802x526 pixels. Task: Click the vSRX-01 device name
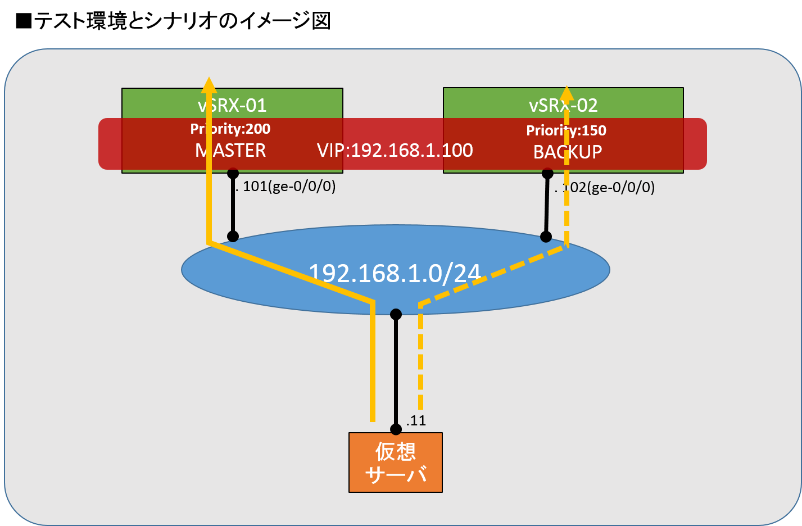[232, 105]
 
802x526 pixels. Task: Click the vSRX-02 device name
[563, 105]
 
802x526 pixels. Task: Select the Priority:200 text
[230, 129]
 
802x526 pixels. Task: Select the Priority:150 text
[566, 130]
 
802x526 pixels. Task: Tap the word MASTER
[230, 151]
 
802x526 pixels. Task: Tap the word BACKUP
[568, 152]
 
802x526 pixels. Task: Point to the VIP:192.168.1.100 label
[395, 150]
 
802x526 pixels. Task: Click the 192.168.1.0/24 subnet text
[395, 273]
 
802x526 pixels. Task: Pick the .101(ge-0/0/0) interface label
[286, 186]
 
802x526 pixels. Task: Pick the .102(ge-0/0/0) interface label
[605, 187]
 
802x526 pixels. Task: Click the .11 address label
[416, 420]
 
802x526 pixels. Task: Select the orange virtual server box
[396, 462]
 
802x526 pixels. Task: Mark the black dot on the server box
[396, 429]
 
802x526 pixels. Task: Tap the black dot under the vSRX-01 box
[233, 174]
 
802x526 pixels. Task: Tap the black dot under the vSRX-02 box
[547, 174]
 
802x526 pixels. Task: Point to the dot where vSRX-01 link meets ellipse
[233, 237]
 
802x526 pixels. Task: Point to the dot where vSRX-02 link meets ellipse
[546, 237]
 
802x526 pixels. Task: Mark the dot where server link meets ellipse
[396, 314]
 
